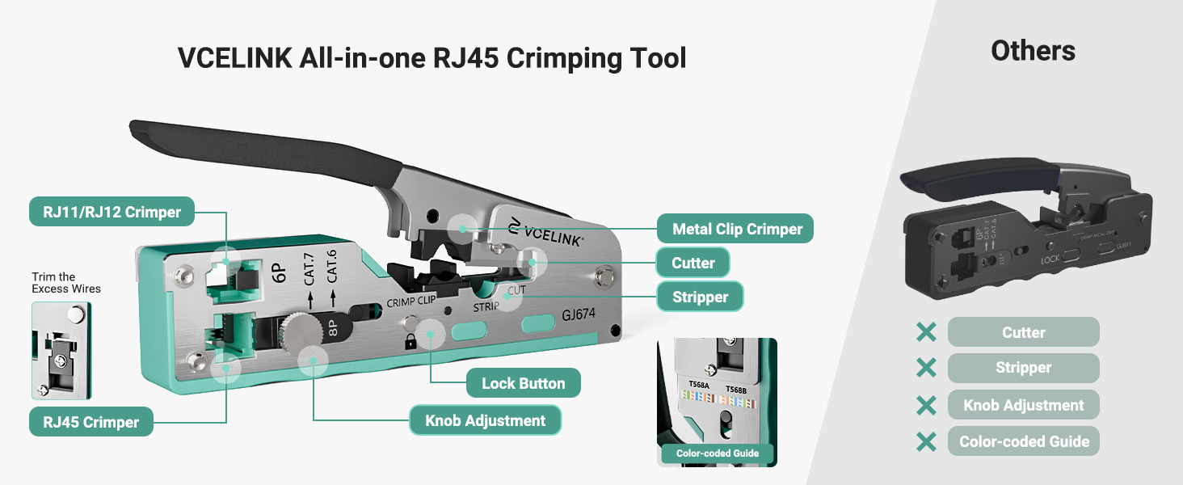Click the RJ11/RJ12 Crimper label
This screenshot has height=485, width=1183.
tap(112, 213)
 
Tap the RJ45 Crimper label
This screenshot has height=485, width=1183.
tap(91, 422)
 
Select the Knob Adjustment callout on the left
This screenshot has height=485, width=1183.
tap(485, 420)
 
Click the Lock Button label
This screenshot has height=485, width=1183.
tap(523, 383)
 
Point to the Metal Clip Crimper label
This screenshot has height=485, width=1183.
tap(735, 229)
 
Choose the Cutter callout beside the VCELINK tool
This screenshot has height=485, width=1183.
tap(693, 263)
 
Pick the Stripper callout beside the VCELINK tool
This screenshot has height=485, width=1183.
tap(700, 297)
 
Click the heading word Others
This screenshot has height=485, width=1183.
tap(1033, 51)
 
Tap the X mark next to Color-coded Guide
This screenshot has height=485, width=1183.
tap(926, 441)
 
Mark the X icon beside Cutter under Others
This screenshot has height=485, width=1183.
tap(926, 332)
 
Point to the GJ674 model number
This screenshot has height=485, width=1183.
tap(579, 316)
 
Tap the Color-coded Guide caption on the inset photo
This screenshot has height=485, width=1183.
tap(718, 453)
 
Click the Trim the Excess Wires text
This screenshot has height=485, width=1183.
tap(66, 283)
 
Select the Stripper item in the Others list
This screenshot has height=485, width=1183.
tap(1023, 368)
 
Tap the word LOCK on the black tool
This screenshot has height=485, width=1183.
tap(1050, 259)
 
